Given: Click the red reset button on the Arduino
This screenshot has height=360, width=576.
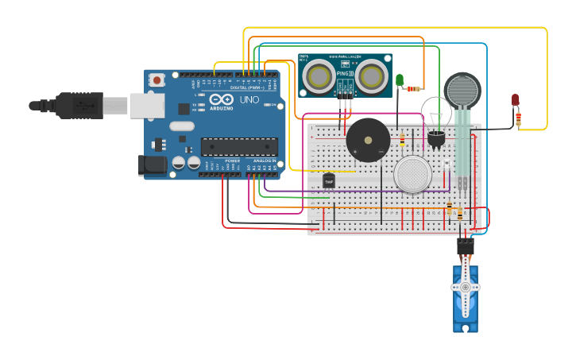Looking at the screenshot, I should click(x=157, y=79).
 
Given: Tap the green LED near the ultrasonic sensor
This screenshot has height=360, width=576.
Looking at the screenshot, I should click(x=400, y=79).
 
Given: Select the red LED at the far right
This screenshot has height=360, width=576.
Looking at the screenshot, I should click(x=515, y=99).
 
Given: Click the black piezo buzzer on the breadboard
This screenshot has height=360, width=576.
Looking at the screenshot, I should click(x=368, y=140).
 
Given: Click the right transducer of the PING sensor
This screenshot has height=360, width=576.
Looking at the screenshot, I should click(x=370, y=75).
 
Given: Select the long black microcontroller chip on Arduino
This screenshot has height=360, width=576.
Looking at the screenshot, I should click(x=239, y=146).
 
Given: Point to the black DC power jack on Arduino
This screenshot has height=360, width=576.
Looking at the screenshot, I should click(x=153, y=165).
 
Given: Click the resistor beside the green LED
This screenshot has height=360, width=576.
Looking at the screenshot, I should click(x=414, y=89).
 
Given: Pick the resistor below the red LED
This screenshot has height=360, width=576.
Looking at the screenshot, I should click(x=519, y=118).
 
